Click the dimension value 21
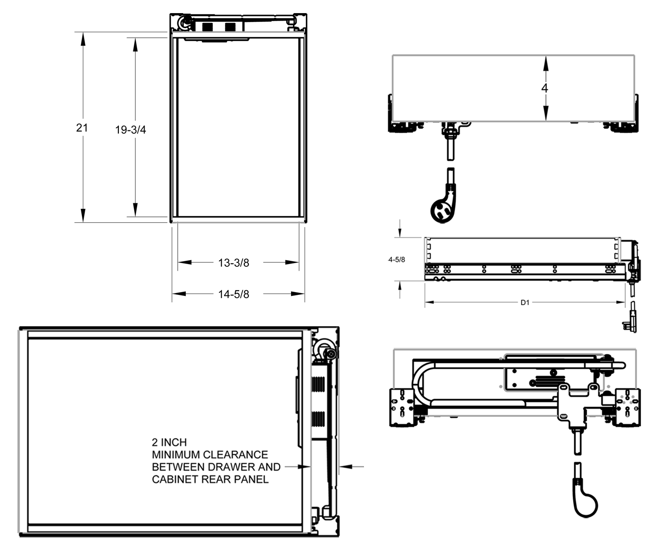click(x=82, y=127)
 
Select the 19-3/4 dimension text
click(x=131, y=130)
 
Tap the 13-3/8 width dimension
click(x=233, y=263)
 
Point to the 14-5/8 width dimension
click(x=233, y=294)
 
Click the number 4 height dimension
click(x=545, y=88)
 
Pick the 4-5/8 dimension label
click(x=396, y=259)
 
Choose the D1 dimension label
click(x=525, y=302)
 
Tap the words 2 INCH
click(x=169, y=442)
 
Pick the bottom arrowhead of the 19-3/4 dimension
click(x=135, y=211)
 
